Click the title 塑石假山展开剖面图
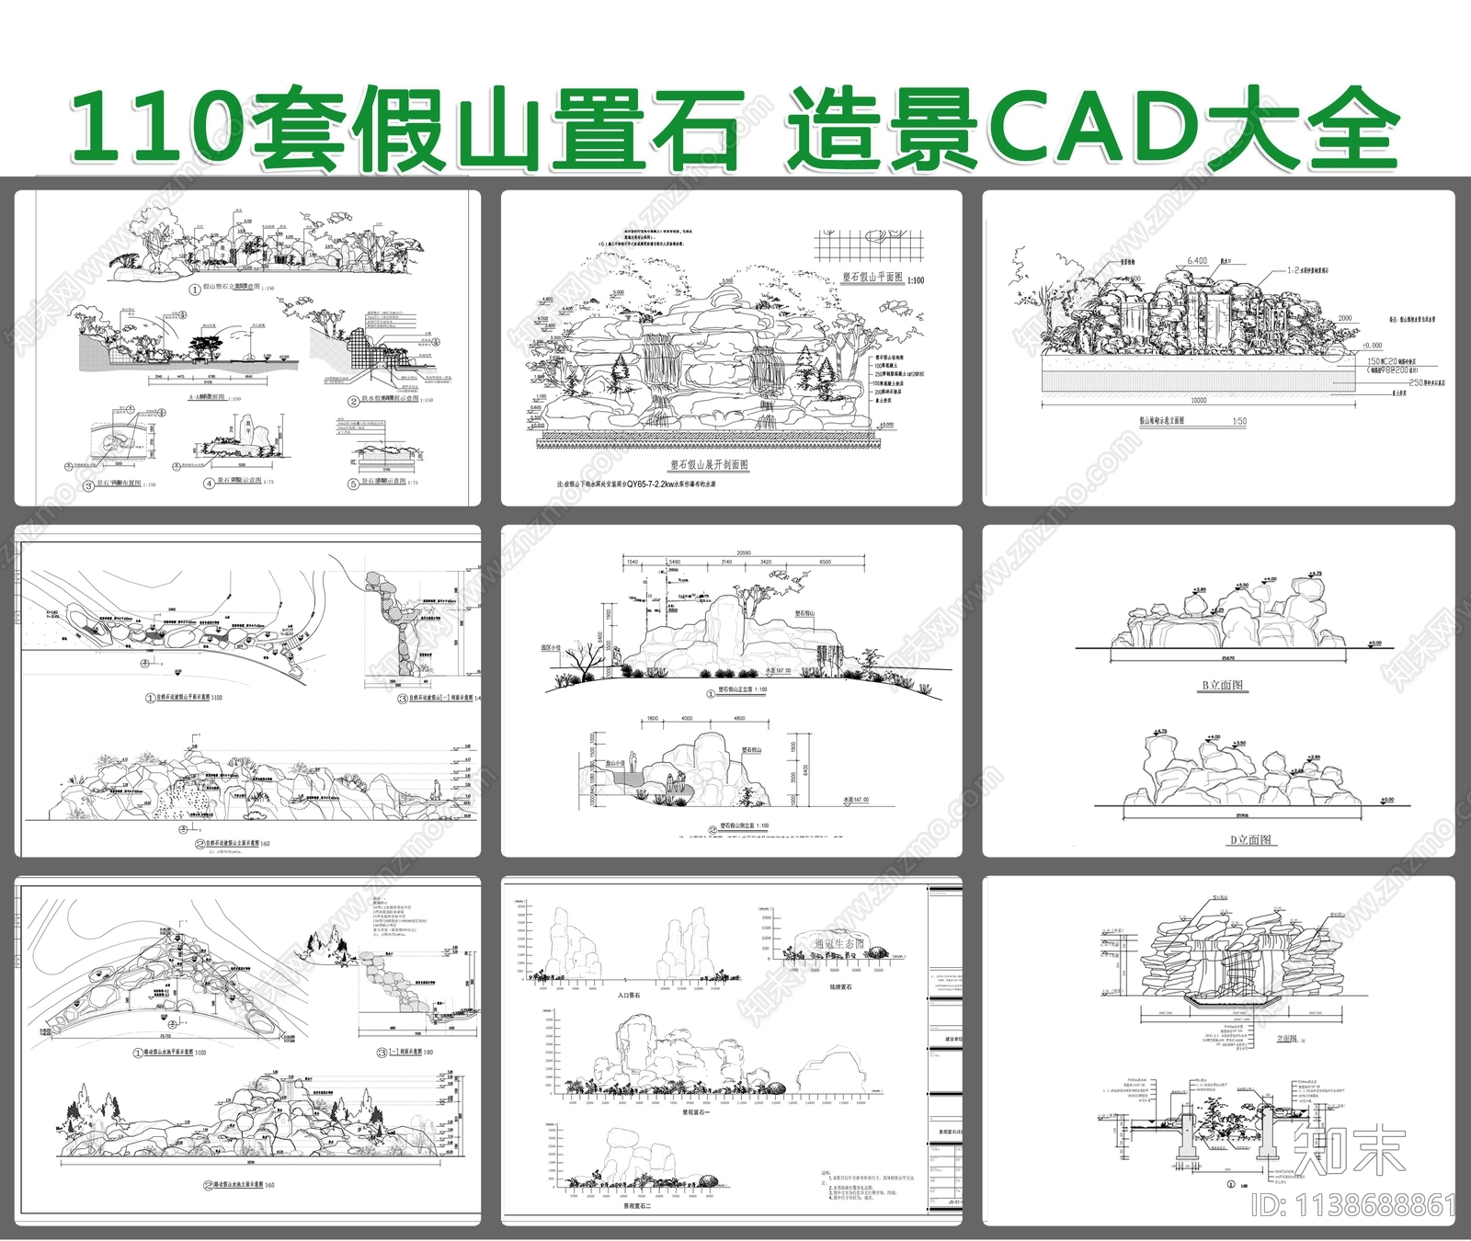click(x=709, y=465)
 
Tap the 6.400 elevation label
click(x=1197, y=261)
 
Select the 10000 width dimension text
click(x=1198, y=401)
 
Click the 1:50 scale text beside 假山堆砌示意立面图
click(x=1239, y=421)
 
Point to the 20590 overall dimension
click(x=738, y=552)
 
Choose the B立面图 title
click(x=1223, y=685)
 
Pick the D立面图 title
click(x=1251, y=839)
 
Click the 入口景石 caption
click(x=629, y=996)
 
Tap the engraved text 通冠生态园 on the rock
click(x=838, y=944)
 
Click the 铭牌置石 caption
click(x=838, y=987)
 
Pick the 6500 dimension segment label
click(x=825, y=562)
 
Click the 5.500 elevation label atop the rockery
click(x=727, y=281)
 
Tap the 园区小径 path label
click(x=551, y=648)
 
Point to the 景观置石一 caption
click(x=701, y=1111)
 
